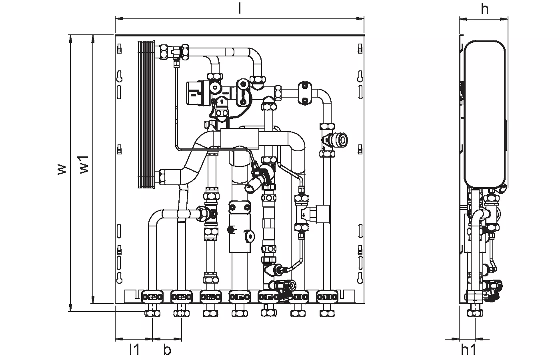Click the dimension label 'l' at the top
pyautogui.click(x=240, y=9)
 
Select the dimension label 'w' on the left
pyautogui.click(x=61, y=169)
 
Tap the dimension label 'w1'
pyautogui.click(x=84, y=164)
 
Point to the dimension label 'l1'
pyautogui.click(x=134, y=350)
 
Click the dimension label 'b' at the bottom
pyautogui.click(x=167, y=350)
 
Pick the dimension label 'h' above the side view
pyautogui.click(x=484, y=9)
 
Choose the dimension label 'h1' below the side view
pyautogui.click(x=469, y=350)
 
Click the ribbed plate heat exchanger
pyautogui.click(x=147, y=114)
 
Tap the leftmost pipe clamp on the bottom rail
pyautogui.click(x=152, y=297)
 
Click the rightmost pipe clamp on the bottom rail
pyautogui.click(x=327, y=297)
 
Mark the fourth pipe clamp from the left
pyautogui.click(x=240, y=297)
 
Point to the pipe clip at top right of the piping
pyautogui.click(x=305, y=94)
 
